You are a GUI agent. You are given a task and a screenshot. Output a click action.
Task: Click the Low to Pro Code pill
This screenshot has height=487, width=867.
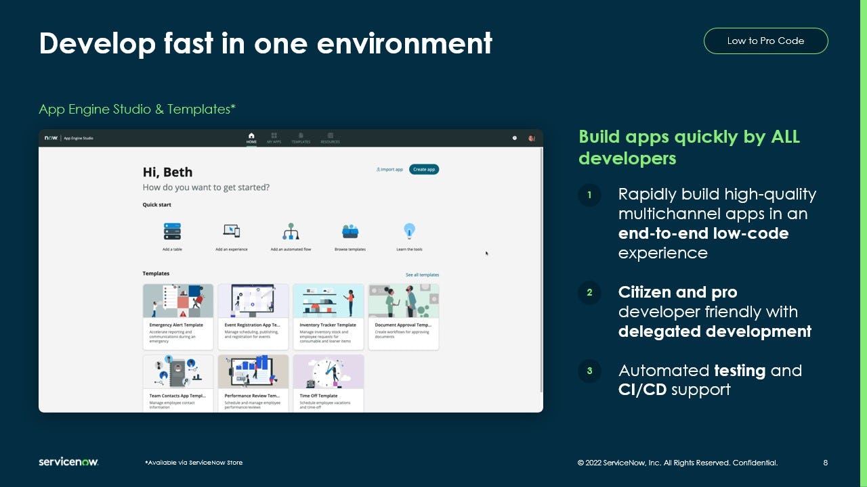[765, 41]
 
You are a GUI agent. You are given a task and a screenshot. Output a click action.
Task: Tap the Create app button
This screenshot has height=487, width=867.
[424, 169]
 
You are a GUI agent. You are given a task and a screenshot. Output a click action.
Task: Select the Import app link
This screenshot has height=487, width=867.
[389, 169]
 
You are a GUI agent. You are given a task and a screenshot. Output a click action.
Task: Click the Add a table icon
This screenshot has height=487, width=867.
[172, 232]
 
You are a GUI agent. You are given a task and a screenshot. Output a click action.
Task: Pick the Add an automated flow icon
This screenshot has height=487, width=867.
[291, 232]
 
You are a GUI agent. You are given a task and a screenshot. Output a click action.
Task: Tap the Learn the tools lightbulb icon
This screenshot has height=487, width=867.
[409, 231]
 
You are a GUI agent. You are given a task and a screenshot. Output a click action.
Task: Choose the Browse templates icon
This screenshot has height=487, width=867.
[350, 232]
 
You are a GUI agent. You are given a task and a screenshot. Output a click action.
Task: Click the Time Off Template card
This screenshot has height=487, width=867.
[329, 383]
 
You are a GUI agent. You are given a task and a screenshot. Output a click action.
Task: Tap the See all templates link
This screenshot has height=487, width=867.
[422, 275]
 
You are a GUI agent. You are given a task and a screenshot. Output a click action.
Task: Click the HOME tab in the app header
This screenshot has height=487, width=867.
[251, 138]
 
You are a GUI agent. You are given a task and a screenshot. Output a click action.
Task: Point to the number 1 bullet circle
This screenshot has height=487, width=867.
[589, 195]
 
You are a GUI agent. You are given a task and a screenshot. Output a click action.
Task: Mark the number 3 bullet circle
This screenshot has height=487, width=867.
[589, 371]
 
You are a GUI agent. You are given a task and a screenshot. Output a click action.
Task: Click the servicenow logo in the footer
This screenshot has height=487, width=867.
[68, 462]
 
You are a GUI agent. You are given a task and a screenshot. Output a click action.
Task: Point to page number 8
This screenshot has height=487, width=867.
[825, 463]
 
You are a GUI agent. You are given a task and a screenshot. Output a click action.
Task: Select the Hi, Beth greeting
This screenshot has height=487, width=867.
[168, 172]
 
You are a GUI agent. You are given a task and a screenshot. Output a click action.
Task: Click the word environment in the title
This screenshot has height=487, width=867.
[405, 43]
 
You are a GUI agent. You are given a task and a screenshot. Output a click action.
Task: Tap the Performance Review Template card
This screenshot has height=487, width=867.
[253, 383]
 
